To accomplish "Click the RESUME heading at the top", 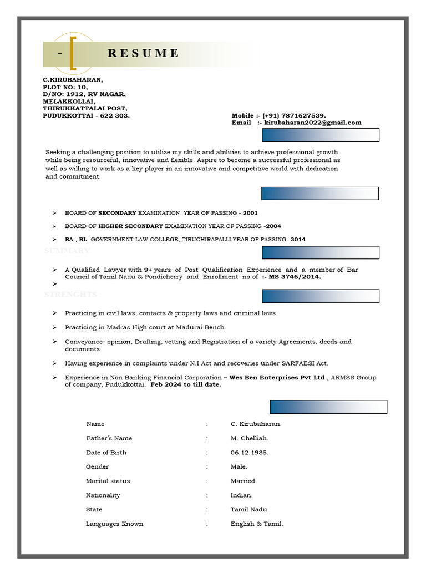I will [143, 53].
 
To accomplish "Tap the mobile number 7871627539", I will [303, 115].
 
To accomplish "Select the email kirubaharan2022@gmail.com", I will [312, 123].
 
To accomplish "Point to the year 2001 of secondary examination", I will [250, 213].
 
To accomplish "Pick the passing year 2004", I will [273, 226].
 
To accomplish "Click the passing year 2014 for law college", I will [297, 240].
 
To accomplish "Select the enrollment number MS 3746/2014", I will [295, 277].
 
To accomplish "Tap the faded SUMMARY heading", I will [67, 251].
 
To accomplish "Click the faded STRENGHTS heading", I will [70, 295].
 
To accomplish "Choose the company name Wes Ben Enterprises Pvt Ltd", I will [277, 378].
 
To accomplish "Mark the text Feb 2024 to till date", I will [186, 385].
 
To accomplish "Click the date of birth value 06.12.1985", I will [249, 453].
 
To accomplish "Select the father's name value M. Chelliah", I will [249, 438].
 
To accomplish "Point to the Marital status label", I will [108, 481].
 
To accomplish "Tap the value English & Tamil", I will [256, 524].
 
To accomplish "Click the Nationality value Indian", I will [241, 495].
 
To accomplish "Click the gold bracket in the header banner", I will [73, 53].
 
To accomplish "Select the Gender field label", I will [97, 467].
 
